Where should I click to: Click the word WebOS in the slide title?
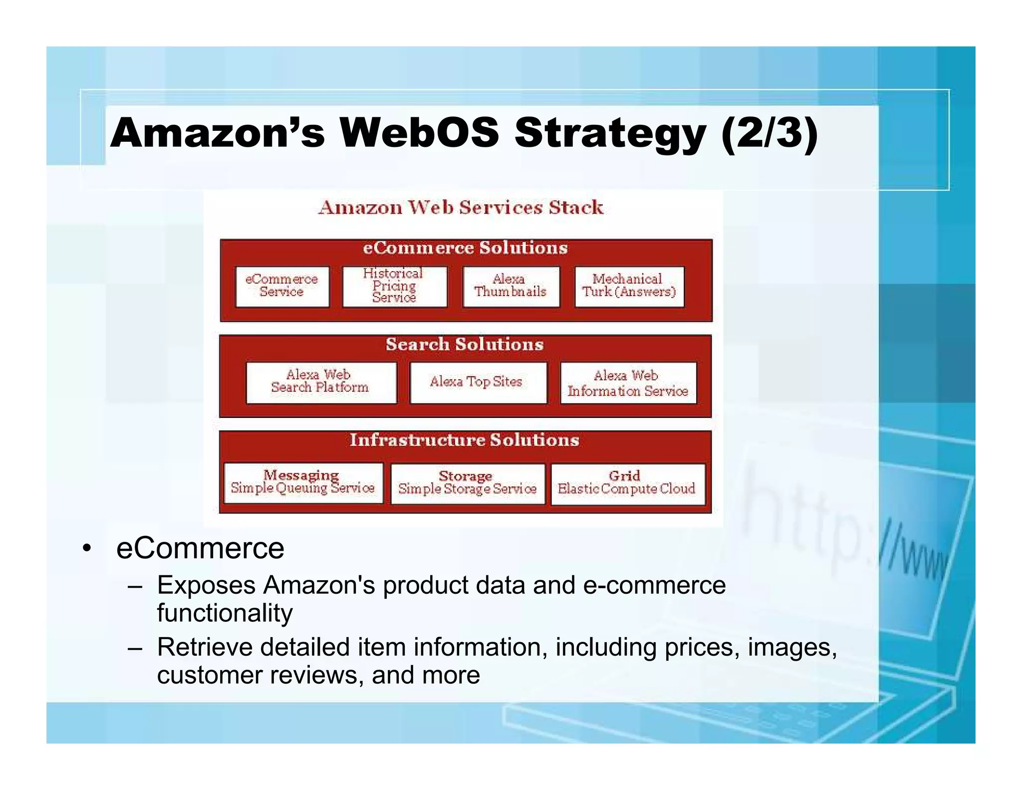coord(419,133)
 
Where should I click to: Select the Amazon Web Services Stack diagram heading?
coord(461,207)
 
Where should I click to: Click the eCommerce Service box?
coord(282,286)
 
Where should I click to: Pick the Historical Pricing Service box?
coord(394,286)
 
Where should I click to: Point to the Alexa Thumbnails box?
coord(511,286)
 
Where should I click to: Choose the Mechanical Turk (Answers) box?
coord(629,286)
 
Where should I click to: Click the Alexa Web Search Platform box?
coord(320,382)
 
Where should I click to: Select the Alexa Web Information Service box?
coord(628,383)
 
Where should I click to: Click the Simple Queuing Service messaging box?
coord(303,483)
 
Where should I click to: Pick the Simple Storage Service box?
coord(467,484)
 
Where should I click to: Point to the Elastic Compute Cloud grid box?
coord(627,484)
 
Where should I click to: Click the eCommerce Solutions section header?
coord(465,248)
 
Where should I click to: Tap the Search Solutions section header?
coord(465,345)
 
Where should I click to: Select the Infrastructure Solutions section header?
coord(464,440)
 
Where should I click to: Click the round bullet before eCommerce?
coord(87,549)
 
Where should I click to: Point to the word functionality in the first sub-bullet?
coord(225,613)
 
